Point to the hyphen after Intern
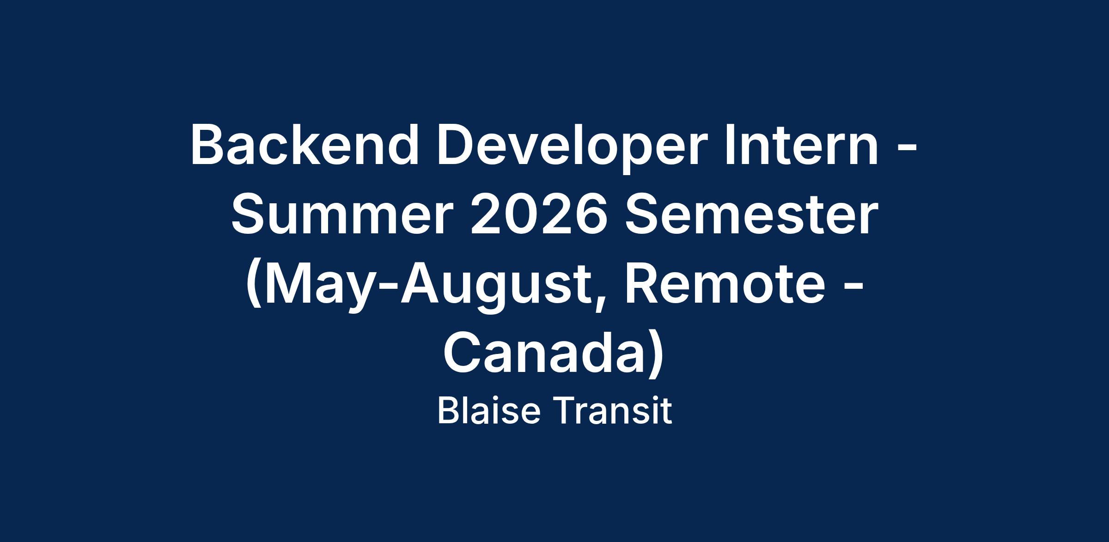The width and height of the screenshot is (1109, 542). pos(907,148)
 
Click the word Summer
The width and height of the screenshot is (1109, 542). pos(340,214)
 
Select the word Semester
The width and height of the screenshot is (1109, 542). pos(750,214)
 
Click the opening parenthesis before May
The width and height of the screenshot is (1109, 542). pos(254,286)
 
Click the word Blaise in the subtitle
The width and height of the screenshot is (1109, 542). pos(489,411)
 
